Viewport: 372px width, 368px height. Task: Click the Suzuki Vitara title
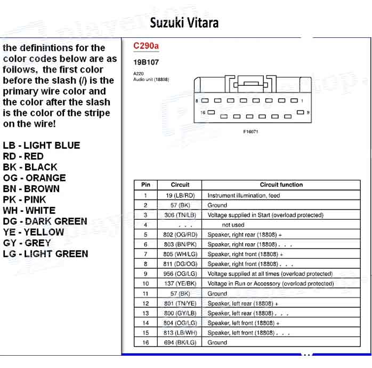point(184,22)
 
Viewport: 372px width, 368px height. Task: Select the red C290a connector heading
point(145,46)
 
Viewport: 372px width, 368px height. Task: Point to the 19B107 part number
point(146,62)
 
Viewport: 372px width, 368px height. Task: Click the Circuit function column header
point(281,185)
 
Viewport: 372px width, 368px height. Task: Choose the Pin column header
point(145,185)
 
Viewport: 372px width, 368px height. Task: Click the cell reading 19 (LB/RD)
point(180,195)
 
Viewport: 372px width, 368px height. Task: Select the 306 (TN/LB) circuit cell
point(180,215)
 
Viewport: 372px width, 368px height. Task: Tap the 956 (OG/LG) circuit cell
point(180,274)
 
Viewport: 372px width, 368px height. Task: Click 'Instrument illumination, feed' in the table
point(244,195)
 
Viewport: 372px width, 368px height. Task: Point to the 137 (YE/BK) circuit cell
point(180,284)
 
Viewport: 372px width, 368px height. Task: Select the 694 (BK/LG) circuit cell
point(180,342)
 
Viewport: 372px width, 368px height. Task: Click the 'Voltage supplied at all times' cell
point(270,274)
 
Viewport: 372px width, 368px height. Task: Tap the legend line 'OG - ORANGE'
point(34,178)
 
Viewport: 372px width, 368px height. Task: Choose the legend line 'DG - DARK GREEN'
point(45,221)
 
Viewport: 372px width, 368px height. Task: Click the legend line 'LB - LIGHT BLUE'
point(41,146)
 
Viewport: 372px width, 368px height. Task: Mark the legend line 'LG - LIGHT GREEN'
point(45,254)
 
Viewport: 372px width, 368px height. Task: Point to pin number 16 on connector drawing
point(203,113)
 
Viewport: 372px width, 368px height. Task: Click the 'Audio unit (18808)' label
point(151,79)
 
